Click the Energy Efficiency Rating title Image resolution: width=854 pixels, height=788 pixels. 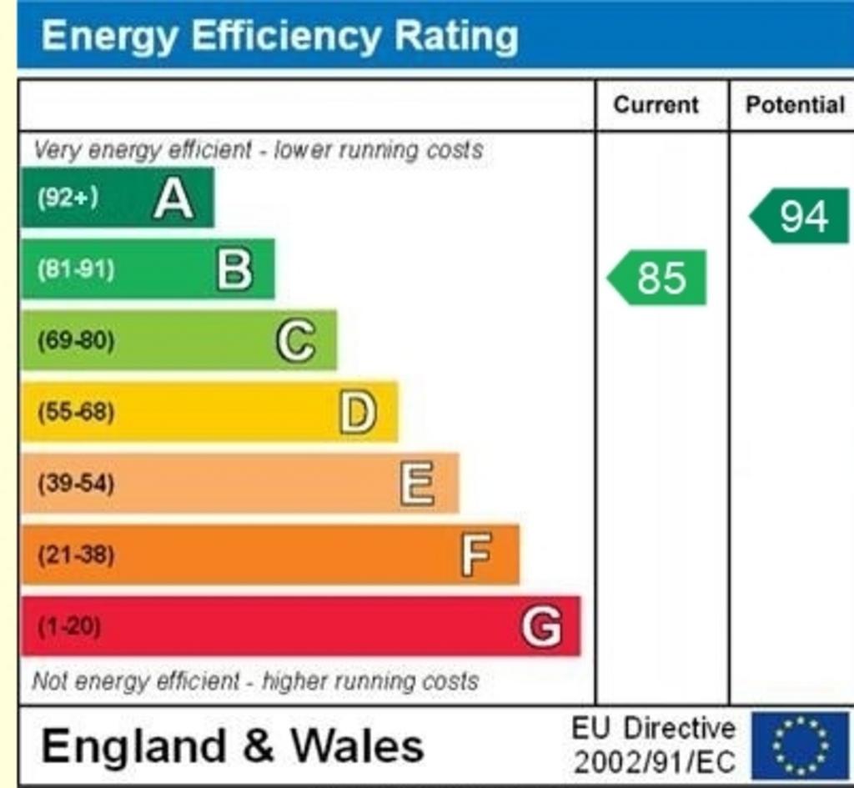point(279,37)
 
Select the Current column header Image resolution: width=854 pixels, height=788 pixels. point(656,105)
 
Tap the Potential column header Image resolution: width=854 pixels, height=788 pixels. point(795,105)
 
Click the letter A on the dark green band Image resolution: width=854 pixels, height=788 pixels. point(173,198)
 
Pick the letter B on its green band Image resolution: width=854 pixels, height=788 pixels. point(234,269)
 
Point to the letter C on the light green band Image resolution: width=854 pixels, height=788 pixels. point(296,341)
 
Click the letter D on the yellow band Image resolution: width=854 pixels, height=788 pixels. point(358,413)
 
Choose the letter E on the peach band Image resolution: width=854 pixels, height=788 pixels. point(417,484)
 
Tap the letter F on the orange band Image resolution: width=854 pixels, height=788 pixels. point(476,555)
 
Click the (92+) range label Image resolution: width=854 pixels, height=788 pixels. point(68,198)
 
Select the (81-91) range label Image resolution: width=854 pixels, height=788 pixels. point(76,269)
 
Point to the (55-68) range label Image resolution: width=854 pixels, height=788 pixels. point(76,413)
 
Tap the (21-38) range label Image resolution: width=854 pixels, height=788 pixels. point(76,555)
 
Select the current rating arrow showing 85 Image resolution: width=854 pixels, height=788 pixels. point(658,278)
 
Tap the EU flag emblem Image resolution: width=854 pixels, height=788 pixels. point(800,745)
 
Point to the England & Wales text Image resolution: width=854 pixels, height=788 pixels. point(233,745)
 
